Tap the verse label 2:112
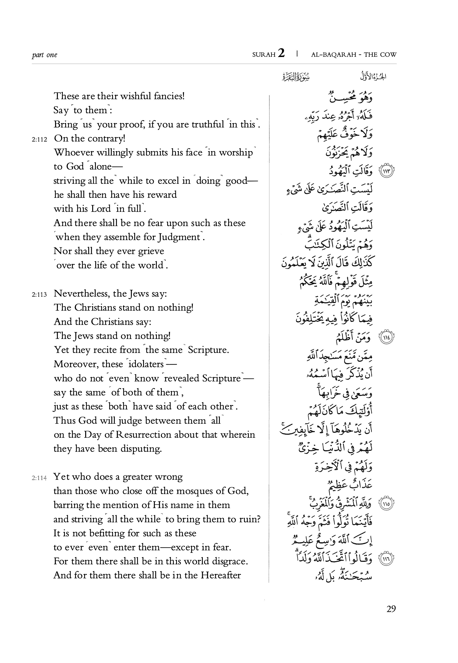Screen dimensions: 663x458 tap(39, 139)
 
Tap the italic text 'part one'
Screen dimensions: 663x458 tap(45, 55)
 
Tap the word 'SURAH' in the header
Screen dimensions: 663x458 tap(264, 55)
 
